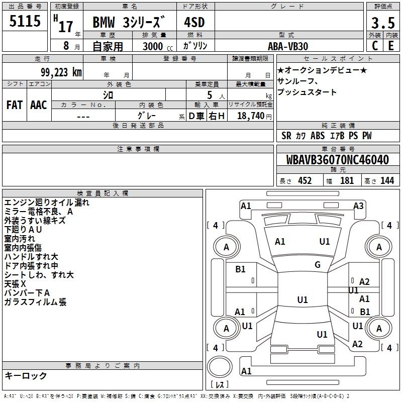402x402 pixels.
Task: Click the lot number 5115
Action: [25, 21]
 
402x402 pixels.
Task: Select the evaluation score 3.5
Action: [383, 23]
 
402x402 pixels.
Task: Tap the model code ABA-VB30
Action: [288, 46]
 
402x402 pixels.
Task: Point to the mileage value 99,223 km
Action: [61, 72]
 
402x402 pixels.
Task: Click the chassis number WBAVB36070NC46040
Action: [337, 160]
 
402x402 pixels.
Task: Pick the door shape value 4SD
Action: [194, 22]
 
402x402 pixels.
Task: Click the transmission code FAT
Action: [15, 105]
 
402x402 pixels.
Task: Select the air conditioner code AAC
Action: [39, 105]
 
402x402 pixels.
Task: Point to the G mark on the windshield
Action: [318, 264]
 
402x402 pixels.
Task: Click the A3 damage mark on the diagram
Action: [358, 206]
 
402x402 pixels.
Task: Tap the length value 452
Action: [305, 181]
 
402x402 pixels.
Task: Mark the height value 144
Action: [387, 181]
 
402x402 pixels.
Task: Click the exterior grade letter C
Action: [375, 46]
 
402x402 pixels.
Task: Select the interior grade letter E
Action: [391, 46]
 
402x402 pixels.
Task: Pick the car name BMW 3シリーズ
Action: [128, 22]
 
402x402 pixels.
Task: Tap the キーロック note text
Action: [26, 375]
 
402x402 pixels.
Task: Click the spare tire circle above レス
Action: [220, 366]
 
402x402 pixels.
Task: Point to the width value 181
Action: [347, 181]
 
